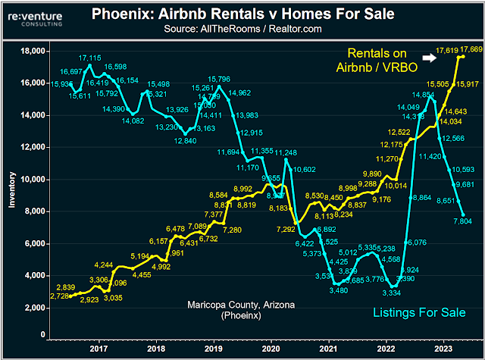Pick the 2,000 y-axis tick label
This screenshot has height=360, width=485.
(x=30, y=308)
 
